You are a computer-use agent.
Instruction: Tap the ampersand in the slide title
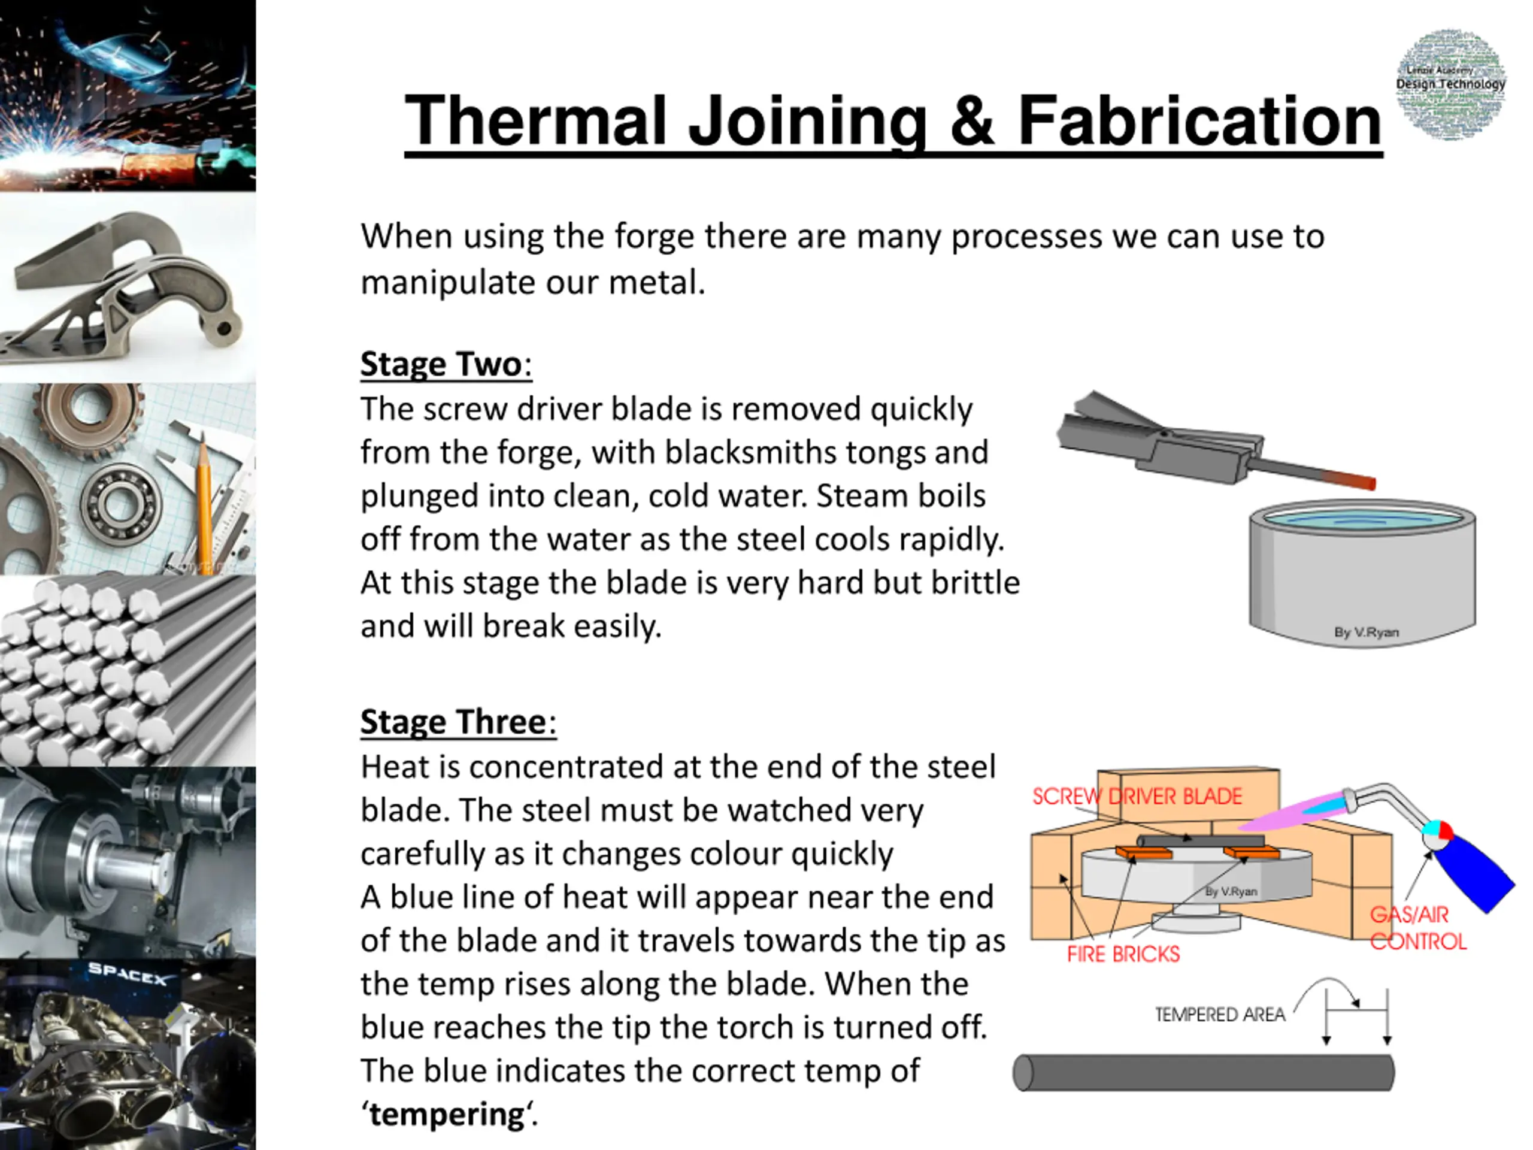(972, 122)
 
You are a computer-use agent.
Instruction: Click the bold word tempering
(446, 1114)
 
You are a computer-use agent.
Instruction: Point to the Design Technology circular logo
(1450, 84)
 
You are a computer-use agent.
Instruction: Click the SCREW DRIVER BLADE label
(1137, 797)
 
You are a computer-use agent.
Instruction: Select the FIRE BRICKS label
(1123, 955)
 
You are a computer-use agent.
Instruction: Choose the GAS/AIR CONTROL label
(1417, 928)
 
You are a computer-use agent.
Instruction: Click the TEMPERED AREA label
(1220, 1015)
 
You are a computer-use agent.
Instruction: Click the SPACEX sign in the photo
(128, 975)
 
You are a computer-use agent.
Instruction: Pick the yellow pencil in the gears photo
(204, 498)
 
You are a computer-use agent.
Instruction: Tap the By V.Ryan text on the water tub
(1366, 632)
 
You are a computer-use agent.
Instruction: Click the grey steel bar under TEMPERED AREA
(1204, 1072)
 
